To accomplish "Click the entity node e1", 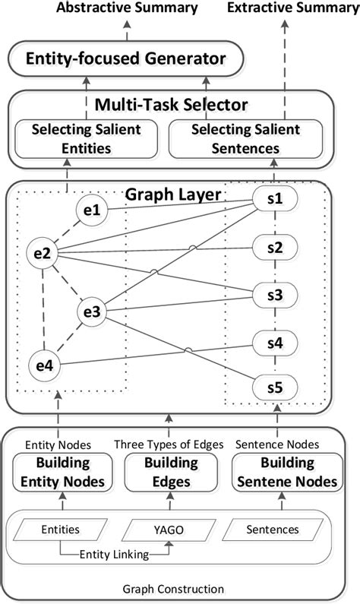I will [x=92, y=210].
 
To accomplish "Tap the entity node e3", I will [x=93, y=311].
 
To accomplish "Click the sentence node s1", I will [x=275, y=200].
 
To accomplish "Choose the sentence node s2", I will [x=275, y=247].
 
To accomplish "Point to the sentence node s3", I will [x=275, y=295].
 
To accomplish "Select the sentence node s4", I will [x=275, y=343].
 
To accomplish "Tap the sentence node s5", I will [x=275, y=388].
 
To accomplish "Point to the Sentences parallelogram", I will [x=274, y=529].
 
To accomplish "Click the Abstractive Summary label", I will [x=127, y=8].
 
